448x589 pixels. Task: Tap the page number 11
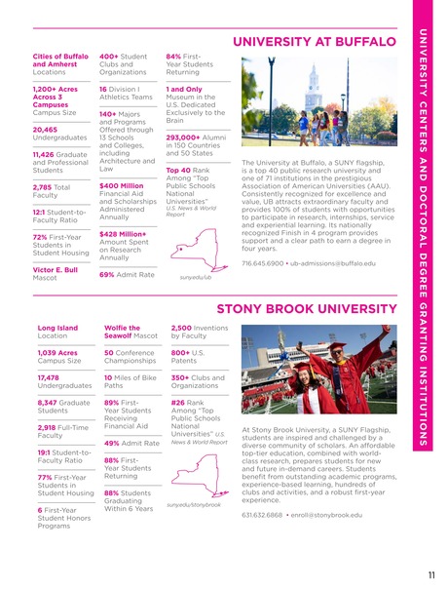(x=429, y=573)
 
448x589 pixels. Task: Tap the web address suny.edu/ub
(x=196, y=277)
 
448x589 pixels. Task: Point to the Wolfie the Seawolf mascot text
(x=124, y=334)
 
